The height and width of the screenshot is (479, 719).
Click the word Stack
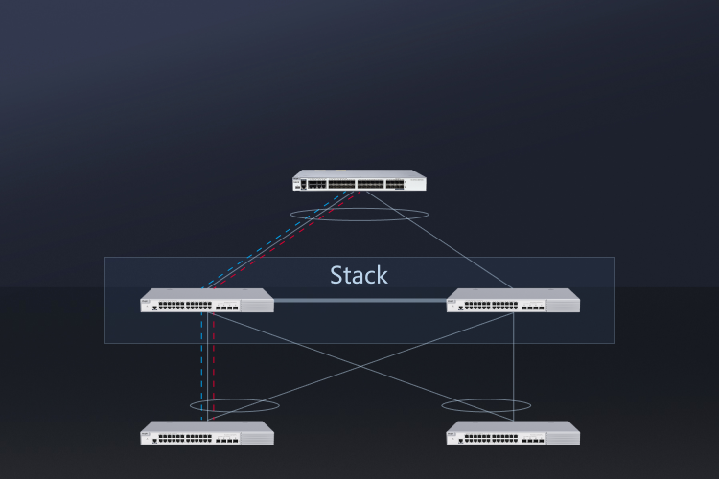coord(359,276)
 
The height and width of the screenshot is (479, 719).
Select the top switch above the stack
coord(359,181)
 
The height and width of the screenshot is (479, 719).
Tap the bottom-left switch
coord(206,435)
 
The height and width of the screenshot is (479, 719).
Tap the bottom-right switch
coord(513,435)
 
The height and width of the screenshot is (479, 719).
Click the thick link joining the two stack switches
coord(359,301)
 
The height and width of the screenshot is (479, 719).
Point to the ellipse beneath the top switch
coord(359,215)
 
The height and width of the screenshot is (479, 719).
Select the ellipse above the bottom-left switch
coord(235,406)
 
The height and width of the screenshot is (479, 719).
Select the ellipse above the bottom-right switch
coord(486,406)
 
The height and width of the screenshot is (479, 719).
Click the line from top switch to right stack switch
coord(441,239)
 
